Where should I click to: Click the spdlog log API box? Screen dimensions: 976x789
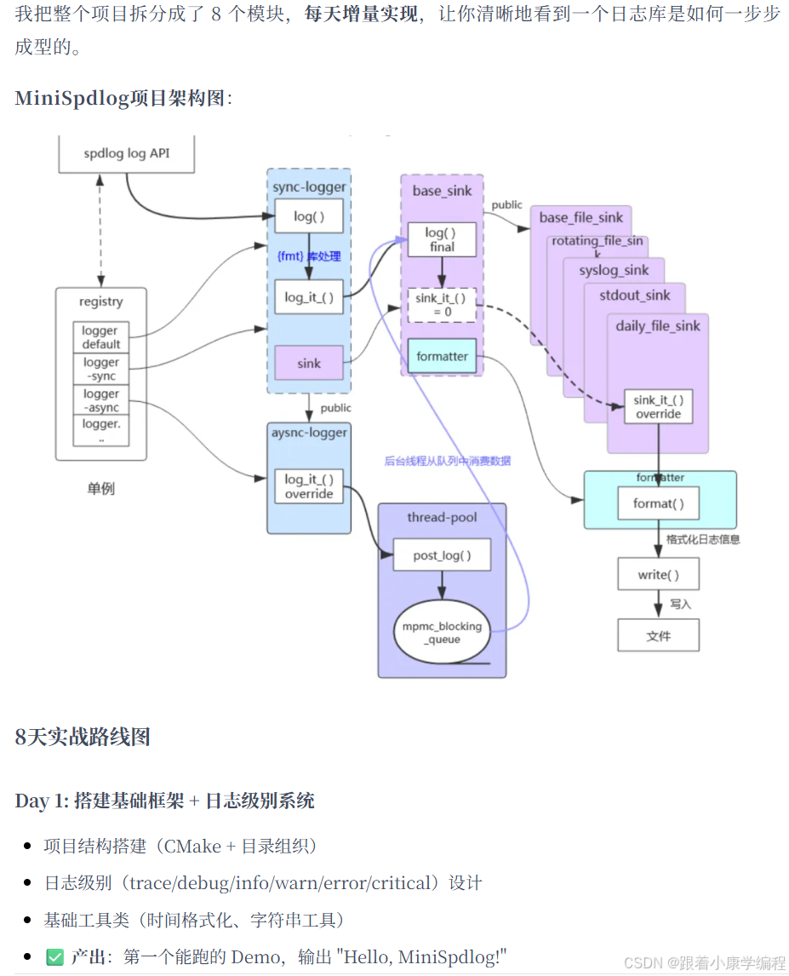tap(126, 153)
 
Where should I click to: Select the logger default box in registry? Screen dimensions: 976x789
tap(101, 337)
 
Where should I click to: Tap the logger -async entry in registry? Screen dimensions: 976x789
tap(101, 400)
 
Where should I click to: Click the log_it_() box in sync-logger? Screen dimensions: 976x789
tap(308, 297)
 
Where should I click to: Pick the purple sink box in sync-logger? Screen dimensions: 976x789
tap(308, 363)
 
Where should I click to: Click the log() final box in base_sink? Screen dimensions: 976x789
tap(441, 239)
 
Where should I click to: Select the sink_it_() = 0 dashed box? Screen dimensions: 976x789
tap(441, 304)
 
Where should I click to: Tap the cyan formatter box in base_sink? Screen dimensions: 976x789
tap(442, 356)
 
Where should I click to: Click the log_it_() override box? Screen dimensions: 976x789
tap(309, 486)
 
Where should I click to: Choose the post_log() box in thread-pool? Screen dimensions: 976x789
tap(441, 555)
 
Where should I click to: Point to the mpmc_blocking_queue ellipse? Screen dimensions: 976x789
tap(441, 632)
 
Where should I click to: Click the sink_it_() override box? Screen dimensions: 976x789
tap(658, 406)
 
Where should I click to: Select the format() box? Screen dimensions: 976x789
tap(658, 503)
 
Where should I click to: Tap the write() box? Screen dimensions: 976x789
tap(658, 574)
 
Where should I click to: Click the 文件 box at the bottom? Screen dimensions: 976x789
tap(658, 635)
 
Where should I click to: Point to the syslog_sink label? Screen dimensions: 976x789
tap(614, 271)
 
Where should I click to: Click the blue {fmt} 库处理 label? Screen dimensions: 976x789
tap(309, 255)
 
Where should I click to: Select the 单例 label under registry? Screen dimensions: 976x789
tap(100, 489)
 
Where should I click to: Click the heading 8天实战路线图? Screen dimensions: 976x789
tap(83, 737)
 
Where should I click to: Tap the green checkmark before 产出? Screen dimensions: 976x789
tap(54, 956)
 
